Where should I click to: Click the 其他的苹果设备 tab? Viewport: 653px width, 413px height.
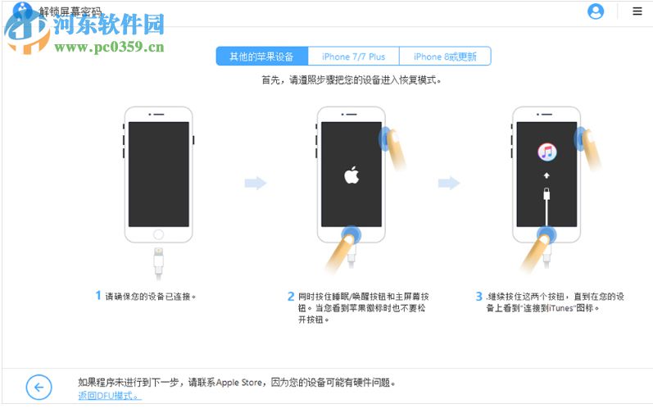tap(261, 57)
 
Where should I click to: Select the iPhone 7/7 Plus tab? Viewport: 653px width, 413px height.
tap(353, 57)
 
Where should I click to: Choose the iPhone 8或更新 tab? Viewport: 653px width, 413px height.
tap(445, 57)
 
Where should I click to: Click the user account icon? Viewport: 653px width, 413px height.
tap(596, 11)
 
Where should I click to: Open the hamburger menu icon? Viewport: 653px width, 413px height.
tap(637, 11)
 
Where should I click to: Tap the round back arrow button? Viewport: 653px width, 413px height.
tap(39, 386)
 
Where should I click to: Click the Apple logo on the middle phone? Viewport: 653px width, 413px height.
tap(351, 176)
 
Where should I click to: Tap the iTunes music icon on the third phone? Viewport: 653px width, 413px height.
tap(547, 152)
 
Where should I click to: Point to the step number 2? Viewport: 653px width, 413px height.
tap(291, 296)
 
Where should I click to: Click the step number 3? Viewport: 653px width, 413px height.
tap(479, 296)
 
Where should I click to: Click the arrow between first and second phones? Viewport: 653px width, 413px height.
tap(256, 183)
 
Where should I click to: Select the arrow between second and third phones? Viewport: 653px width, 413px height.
tap(449, 183)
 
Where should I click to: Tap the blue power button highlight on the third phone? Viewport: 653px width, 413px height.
tap(583, 137)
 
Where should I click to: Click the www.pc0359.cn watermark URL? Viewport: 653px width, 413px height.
tap(110, 47)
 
